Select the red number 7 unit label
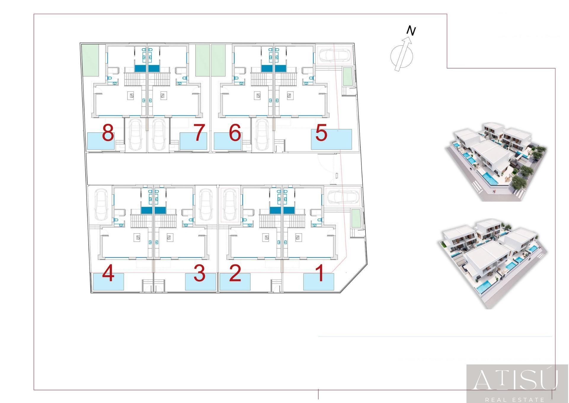point(199,132)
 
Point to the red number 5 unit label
point(321,132)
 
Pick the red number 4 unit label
point(108,273)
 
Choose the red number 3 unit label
point(199,273)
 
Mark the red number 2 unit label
point(235,273)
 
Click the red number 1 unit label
point(320,273)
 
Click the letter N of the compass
point(411,31)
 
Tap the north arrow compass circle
point(402,56)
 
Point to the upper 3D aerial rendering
point(496,162)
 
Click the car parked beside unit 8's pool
point(135,135)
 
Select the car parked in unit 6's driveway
point(262,135)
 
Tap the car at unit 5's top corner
point(335,55)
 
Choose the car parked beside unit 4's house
point(101,205)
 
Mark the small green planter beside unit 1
point(356,218)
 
